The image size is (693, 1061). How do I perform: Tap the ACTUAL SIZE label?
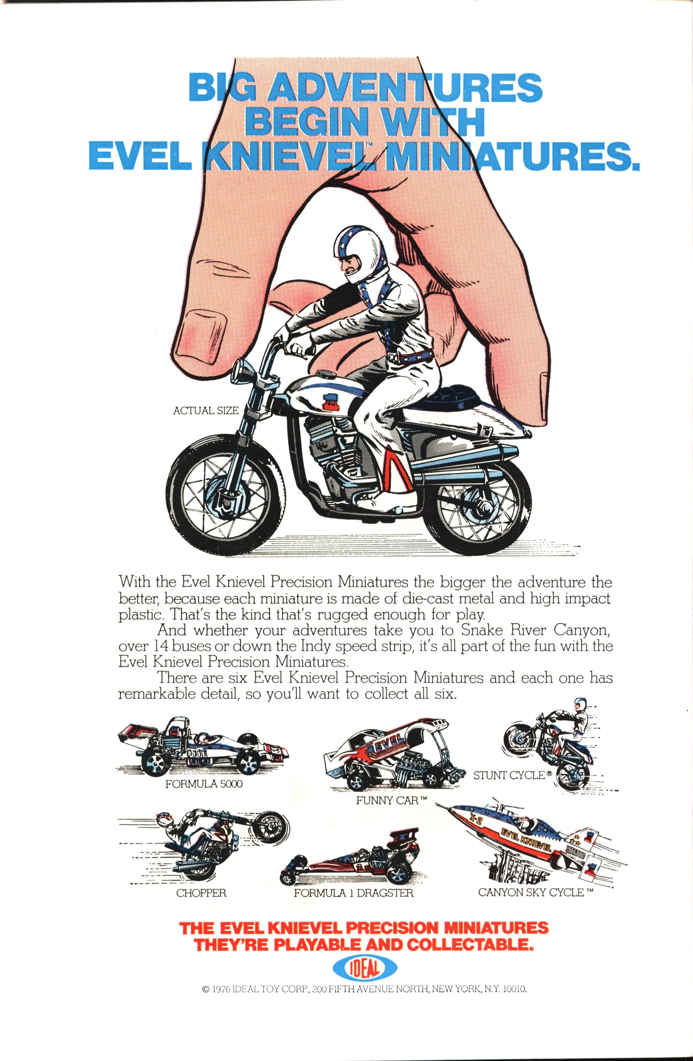(x=206, y=411)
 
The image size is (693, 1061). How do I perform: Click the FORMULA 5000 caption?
(x=204, y=784)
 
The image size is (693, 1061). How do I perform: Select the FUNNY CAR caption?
(x=391, y=800)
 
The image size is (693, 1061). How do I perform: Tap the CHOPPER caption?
(x=201, y=893)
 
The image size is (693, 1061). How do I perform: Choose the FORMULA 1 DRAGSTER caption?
(x=353, y=893)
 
